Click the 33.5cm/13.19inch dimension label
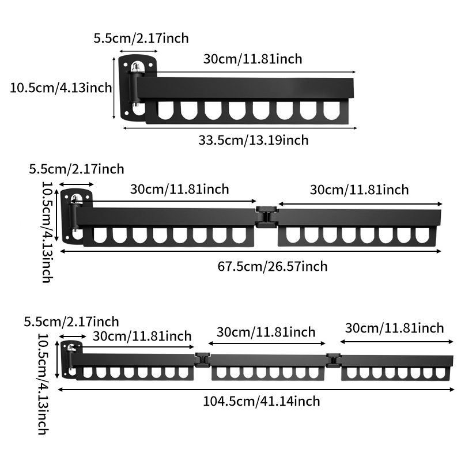coord(254,140)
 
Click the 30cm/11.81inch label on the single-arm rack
coord(252,58)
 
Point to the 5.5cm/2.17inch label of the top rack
coord(141,39)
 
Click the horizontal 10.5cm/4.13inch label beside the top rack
coord(61,88)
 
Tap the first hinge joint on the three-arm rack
coord(201,360)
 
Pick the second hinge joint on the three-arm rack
coord(332,360)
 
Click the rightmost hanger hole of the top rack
coord(332,110)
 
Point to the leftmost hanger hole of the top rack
coord(165,110)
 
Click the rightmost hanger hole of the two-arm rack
coord(422,235)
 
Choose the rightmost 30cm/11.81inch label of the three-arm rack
coord(395,328)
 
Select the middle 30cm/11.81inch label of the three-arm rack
coord(266,332)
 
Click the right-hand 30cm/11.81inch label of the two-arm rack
coord(360,190)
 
